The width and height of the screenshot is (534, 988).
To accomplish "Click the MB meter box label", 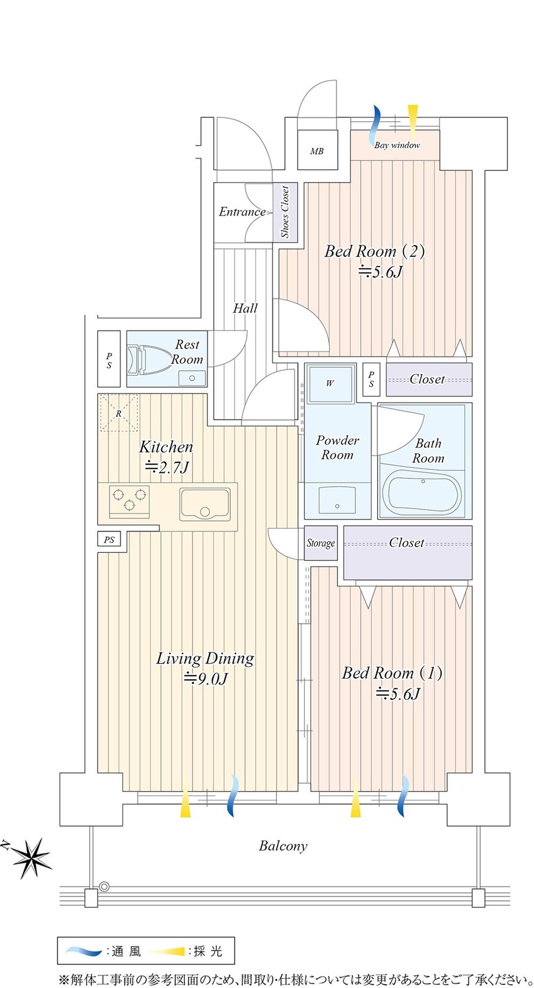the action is (x=317, y=151).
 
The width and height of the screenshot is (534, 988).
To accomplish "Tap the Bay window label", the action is (x=397, y=145).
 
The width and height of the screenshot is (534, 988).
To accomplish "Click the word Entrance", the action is (x=242, y=212).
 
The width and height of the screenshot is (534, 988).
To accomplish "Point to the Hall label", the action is (x=245, y=308).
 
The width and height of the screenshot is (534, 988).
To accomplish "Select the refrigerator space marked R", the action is (x=118, y=413).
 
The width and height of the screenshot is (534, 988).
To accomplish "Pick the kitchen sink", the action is (x=205, y=504).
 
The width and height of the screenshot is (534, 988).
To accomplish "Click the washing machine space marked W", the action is (x=330, y=383).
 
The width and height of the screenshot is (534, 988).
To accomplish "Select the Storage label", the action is (x=320, y=543).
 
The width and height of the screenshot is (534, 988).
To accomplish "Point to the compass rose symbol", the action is (x=31, y=859).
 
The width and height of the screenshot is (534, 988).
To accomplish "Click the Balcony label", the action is (x=283, y=846).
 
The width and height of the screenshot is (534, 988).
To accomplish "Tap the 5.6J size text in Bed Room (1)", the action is (x=398, y=694).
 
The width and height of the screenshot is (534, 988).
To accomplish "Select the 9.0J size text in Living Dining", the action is (x=206, y=679).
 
